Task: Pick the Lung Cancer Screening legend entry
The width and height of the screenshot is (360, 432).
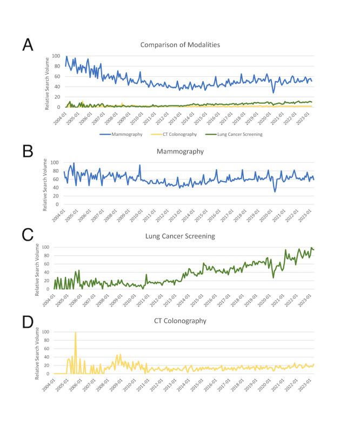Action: pos(239,134)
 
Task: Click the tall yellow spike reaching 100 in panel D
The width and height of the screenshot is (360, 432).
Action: pos(75,333)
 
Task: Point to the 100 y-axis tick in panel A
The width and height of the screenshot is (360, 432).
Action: pos(57,56)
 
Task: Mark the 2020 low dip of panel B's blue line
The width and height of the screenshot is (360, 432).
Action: pos(275,191)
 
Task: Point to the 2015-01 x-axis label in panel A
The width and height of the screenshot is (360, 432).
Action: pos(201,117)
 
